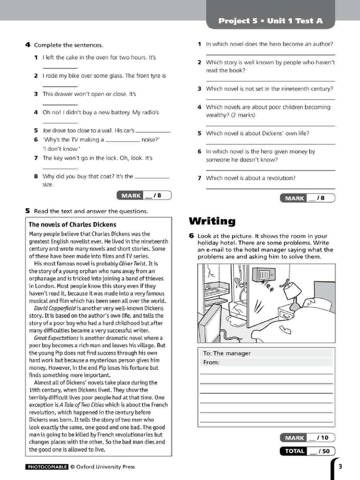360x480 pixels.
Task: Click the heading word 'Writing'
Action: (212, 221)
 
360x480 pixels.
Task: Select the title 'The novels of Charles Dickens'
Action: (72, 225)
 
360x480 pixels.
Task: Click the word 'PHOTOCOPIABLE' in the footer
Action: (47, 466)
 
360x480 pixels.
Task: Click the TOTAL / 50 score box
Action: (307, 451)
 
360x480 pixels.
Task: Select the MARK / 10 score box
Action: (307, 438)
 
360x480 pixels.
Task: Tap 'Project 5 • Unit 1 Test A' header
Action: (270, 21)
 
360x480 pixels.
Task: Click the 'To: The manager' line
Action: (227, 353)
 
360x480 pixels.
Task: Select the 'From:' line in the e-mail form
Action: (211, 362)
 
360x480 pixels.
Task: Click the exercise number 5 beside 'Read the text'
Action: (28, 211)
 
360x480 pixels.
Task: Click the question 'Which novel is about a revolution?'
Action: (250, 178)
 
